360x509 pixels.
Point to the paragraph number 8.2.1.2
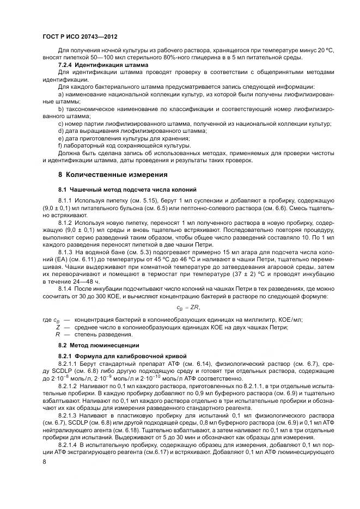tap(69, 385)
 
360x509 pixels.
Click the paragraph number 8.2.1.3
tap(69, 414)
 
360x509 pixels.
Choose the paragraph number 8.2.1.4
tap(69, 444)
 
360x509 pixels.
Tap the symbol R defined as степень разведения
tap(58, 335)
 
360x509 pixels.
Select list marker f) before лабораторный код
tap(60, 145)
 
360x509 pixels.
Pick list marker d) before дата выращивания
tap(60, 131)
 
